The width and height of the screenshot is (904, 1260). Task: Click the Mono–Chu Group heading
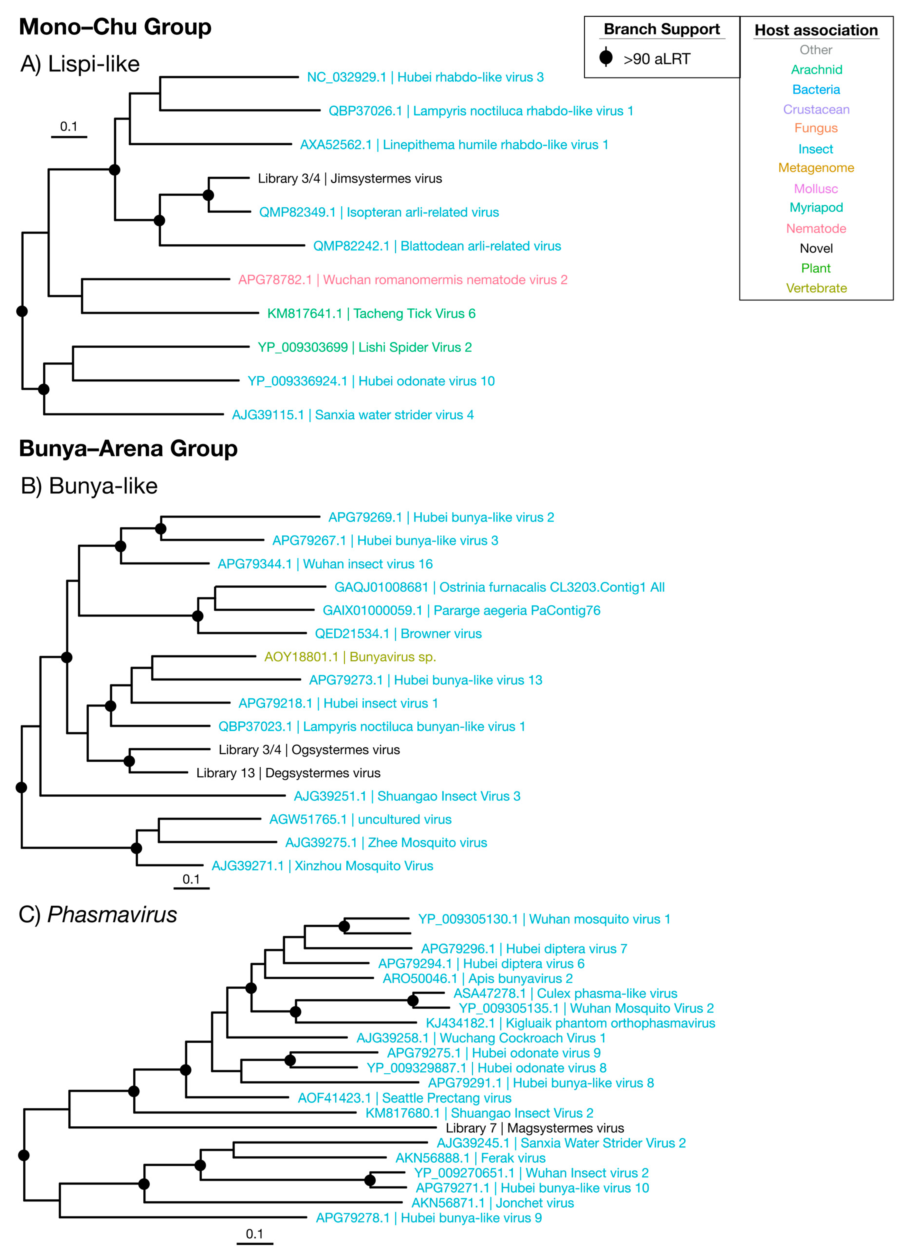pos(115,27)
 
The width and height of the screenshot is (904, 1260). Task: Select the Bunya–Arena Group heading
pos(128,448)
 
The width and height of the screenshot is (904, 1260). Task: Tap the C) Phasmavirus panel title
pos(98,914)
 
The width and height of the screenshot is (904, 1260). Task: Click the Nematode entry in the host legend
pos(816,228)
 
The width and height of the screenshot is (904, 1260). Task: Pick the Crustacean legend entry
pos(816,110)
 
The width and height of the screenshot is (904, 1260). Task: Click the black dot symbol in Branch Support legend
pos(606,57)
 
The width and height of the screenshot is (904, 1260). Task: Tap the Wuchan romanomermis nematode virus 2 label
pos(403,279)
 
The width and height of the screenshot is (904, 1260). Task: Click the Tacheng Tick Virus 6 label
pos(371,313)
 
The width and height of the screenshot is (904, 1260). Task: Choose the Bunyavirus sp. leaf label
pos(350,657)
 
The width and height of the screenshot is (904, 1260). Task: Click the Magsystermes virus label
pos(535,1128)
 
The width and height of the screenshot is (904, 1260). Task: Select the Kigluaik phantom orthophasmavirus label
pos(570,1023)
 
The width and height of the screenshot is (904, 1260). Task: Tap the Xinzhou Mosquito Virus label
pos(322,865)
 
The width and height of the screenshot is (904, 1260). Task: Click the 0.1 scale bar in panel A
pos(69,136)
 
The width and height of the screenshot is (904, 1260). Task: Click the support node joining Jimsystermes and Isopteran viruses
pos(208,195)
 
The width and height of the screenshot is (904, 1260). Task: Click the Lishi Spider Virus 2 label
pos(364,347)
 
